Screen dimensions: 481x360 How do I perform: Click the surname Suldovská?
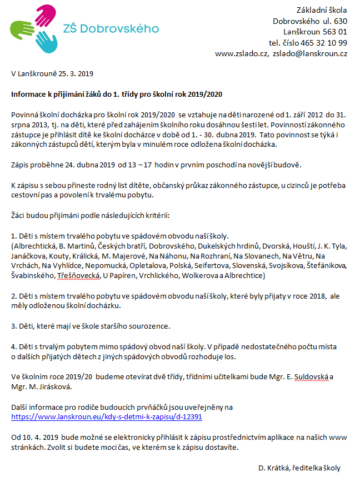(x=312, y=376)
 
